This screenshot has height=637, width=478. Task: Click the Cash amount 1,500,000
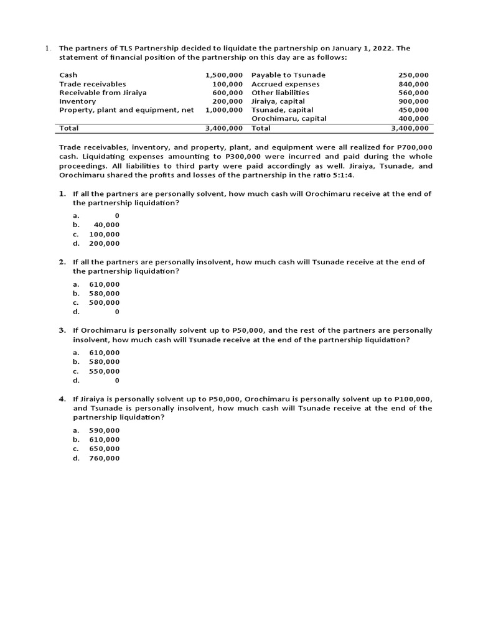pos(223,75)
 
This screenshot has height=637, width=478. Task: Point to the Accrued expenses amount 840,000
pos(413,83)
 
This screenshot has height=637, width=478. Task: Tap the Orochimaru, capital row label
pos(289,118)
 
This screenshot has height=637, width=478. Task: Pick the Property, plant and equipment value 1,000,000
pos(223,109)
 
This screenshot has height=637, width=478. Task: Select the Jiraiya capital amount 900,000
pos(413,101)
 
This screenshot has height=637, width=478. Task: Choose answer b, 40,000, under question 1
pos(106,225)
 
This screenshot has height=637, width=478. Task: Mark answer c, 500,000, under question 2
pos(105,302)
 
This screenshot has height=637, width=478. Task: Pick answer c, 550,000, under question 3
pos(105,371)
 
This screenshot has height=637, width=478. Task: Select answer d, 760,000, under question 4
pos(105,458)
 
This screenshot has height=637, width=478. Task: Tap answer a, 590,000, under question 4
pos(105,430)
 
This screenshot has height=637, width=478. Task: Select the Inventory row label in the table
pos(78,101)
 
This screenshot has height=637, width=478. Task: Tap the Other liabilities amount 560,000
pos(413,92)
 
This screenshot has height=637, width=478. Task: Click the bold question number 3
pos(62,330)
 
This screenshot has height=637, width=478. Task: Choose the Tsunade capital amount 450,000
pos(413,109)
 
